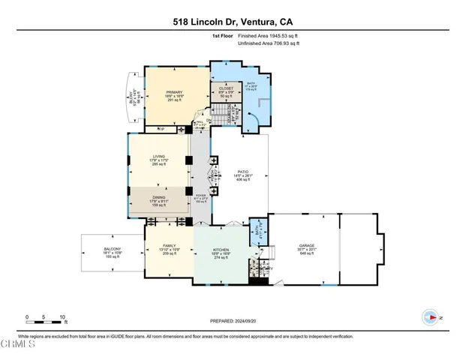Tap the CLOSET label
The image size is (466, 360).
[x=227, y=88]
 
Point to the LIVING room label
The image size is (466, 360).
[x=158, y=157]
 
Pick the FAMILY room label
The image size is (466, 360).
[x=169, y=246]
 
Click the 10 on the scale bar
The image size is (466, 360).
[x=63, y=316]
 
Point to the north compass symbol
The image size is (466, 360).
[x=431, y=318]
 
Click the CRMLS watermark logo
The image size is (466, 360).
[x=18, y=345]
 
